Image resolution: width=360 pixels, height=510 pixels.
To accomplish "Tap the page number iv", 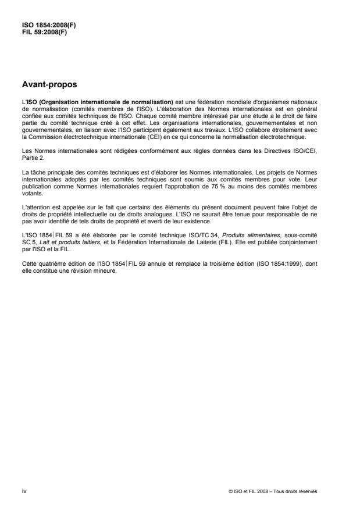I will (x=24, y=490).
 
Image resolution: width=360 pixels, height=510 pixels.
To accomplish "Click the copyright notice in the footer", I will (x=273, y=491).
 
